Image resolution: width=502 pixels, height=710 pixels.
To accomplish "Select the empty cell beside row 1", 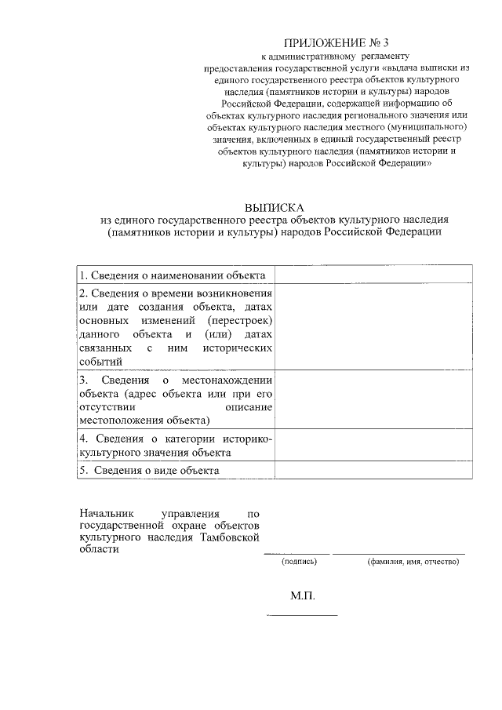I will tap(373, 275).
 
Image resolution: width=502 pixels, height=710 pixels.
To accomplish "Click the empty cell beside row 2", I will tap(373, 326).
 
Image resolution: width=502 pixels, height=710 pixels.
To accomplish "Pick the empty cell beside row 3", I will tap(373, 399).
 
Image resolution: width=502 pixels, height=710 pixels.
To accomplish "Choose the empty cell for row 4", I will tap(373, 446).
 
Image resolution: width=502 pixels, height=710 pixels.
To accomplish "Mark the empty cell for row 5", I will tap(373, 470).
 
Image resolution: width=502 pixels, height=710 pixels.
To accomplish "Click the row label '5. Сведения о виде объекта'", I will tap(149, 470).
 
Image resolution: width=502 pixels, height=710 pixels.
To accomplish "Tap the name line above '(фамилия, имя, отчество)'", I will tap(398, 554).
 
